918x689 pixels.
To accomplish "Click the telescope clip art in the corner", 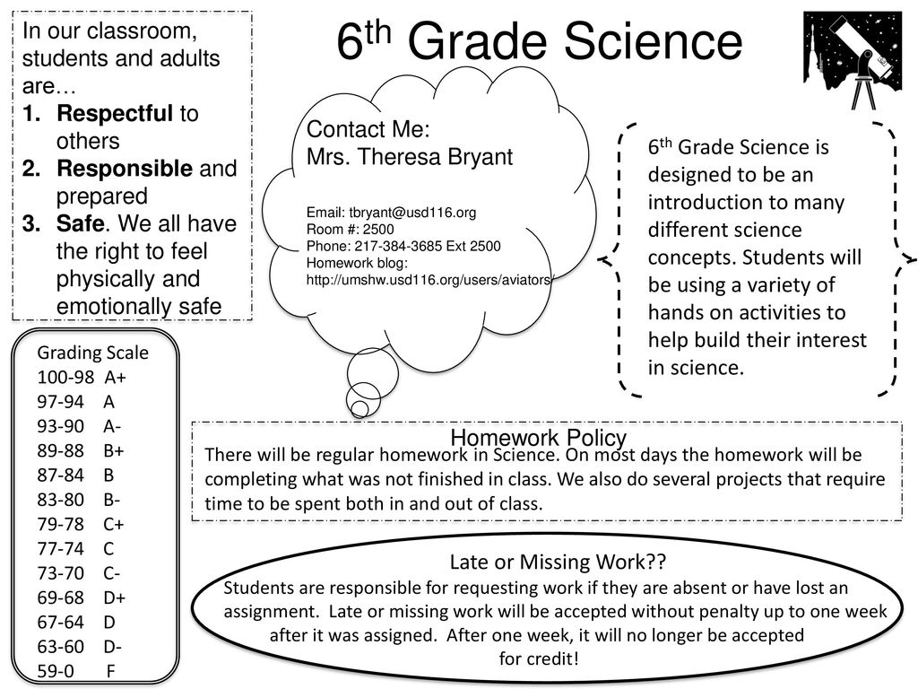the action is point(852,59).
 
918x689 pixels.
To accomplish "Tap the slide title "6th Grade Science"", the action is point(540,42).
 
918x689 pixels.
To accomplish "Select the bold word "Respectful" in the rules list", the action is point(116,114).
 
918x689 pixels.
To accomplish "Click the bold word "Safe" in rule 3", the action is point(75,223).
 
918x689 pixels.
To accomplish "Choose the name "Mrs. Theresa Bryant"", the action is point(410,158).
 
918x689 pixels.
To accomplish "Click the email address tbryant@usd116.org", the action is point(391,214).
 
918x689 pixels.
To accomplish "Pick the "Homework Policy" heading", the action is point(538,438).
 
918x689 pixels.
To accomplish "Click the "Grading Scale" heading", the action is point(93,352).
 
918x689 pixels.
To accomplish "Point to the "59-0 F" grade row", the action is point(76,670).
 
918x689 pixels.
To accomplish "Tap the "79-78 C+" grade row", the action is point(81,523).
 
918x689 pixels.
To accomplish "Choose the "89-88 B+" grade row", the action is point(81,449).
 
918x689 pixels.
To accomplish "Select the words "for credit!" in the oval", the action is point(539,658).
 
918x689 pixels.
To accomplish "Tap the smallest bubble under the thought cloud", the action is point(359,408).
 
